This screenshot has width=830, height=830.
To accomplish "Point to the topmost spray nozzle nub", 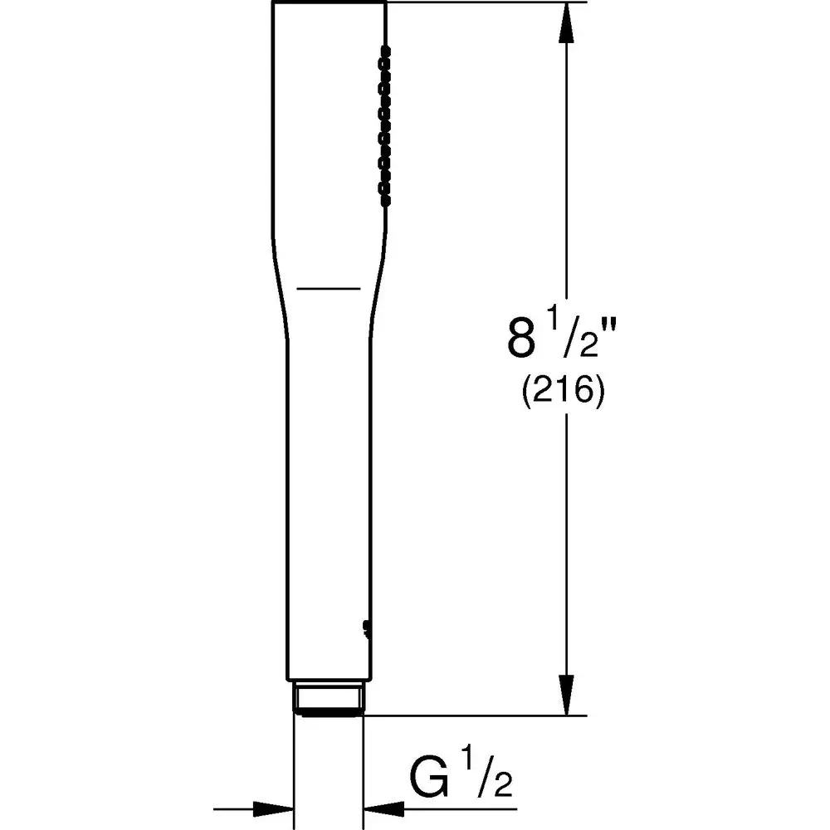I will tap(384, 50).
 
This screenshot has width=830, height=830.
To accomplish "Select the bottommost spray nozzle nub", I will tap(384, 199).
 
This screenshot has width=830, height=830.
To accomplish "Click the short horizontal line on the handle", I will tap(329, 288).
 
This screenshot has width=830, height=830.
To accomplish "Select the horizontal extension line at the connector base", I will tap(473, 715).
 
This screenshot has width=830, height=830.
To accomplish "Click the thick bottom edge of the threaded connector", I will tap(329, 712).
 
